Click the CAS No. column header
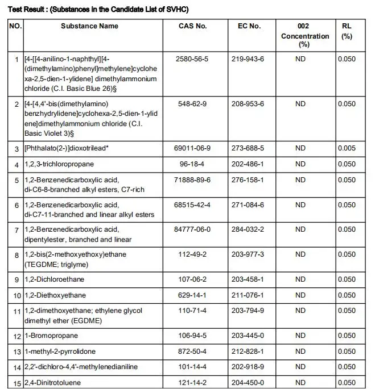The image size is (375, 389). (192, 26)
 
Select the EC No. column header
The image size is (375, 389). (249, 26)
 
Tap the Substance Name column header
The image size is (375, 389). (90, 26)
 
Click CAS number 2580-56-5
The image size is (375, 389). (192, 58)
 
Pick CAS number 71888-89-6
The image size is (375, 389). (192, 180)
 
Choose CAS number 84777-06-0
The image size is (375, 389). (192, 229)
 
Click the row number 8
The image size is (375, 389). (16, 256)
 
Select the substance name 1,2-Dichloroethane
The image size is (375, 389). (53, 279)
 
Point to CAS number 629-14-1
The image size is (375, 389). (192, 295)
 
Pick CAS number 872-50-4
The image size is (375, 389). (192, 352)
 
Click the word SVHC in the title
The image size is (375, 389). (175, 10)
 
